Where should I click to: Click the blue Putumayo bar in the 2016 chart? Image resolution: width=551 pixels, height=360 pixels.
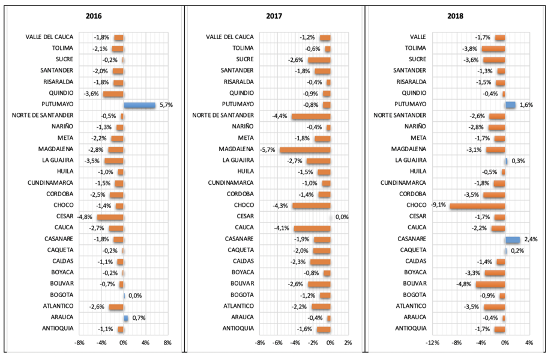139,105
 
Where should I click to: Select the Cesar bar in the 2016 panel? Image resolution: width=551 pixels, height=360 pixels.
110,217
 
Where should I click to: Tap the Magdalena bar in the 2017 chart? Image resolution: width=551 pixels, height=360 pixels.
305,149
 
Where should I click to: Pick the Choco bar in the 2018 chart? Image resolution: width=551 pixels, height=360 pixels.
477,206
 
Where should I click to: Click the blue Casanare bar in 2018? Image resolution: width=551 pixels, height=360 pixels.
513,239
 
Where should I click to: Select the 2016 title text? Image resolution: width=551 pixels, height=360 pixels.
94,16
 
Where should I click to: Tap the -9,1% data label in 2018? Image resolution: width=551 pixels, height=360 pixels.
438,206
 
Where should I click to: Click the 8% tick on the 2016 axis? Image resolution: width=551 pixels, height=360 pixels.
167,343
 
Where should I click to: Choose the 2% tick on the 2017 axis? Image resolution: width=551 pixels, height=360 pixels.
348,343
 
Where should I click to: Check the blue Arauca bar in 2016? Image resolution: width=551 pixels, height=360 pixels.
126,318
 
